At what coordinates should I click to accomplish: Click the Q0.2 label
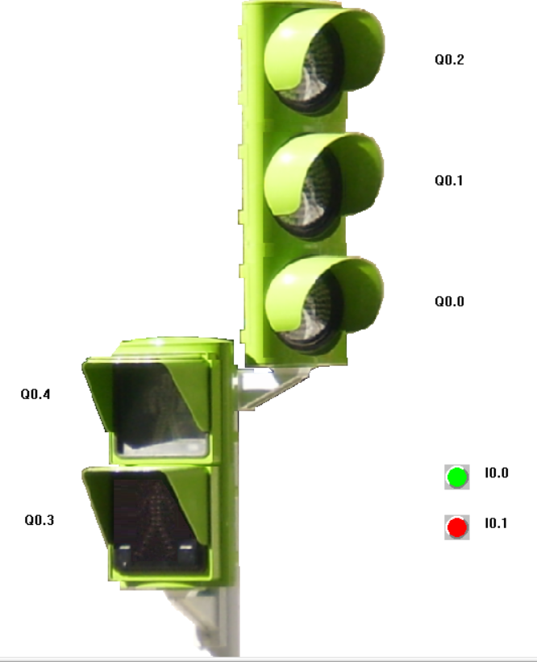tap(449, 60)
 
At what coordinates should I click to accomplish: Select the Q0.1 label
tap(449, 181)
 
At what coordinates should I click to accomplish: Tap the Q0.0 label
tap(449, 302)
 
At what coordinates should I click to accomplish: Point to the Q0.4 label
tap(35, 394)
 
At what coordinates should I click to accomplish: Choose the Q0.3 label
tap(40, 520)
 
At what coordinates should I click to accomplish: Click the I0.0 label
tap(497, 473)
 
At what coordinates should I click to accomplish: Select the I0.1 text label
tap(496, 523)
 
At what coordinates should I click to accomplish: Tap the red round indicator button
tap(457, 527)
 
